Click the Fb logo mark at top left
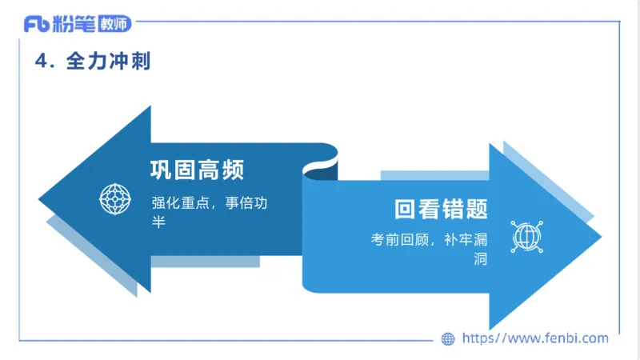[36, 25]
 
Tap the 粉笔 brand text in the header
[74, 25]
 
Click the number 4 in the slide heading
[41, 61]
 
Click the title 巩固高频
[198, 170]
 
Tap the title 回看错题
[440, 209]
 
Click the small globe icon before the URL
[448, 338]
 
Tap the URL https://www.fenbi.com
[535, 338]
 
